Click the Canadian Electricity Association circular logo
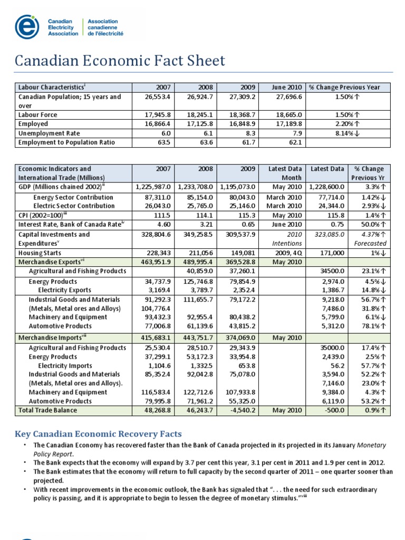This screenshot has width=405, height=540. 26,26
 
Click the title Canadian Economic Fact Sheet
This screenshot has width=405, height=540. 120,61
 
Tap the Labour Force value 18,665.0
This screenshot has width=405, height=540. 290,114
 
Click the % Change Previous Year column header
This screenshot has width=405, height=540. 348,87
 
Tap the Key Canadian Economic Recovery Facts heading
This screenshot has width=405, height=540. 98,434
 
